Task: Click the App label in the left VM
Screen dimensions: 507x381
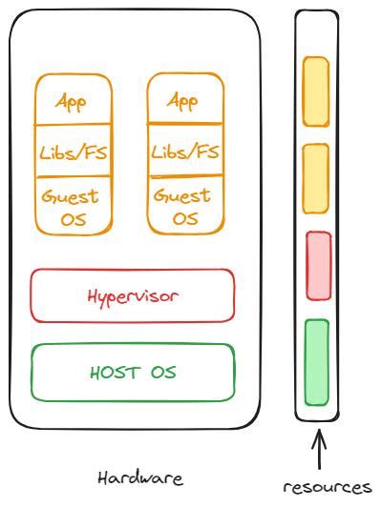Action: pos(73,101)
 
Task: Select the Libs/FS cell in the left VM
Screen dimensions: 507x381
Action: pos(73,152)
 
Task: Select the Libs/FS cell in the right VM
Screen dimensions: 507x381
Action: pos(185,152)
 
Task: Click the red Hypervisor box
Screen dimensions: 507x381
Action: pos(133,295)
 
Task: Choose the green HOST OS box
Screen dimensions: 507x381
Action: pos(133,372)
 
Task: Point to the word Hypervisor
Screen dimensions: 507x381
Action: pos(133,295)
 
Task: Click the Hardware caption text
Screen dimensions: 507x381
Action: pos(140,477)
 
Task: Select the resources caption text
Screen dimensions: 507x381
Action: pos(327,486)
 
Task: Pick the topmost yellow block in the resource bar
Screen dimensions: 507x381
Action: pos(316,91)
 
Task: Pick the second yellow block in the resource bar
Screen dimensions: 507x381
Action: pos(316,179)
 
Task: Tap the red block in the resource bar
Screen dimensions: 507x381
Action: pos(318,266)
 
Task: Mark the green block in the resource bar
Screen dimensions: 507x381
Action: pos(316,362)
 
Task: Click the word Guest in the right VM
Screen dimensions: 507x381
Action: pos(182,196)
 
